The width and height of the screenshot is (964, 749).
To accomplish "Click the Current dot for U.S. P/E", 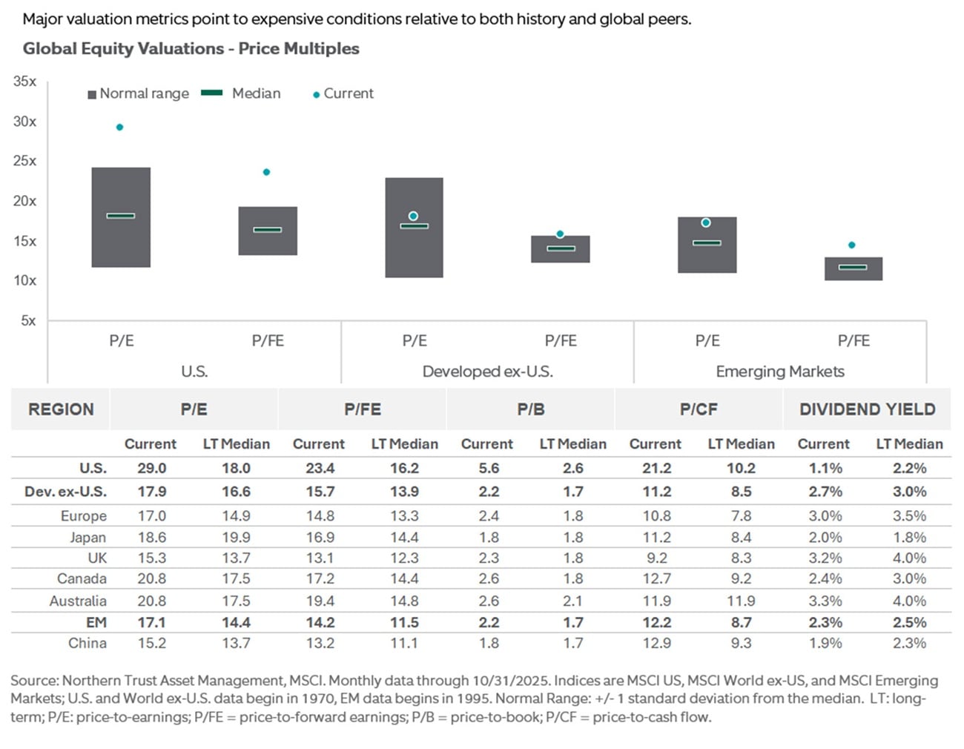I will click(x=119, y=128).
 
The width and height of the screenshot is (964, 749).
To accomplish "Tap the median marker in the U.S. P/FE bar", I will click(x=268, y=230).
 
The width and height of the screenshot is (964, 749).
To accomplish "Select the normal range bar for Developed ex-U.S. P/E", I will click(x=414, y=252).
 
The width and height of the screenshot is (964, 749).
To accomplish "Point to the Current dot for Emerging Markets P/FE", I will click(x=851, y=245).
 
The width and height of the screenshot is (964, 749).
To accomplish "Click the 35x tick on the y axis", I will click(x=24, y=82).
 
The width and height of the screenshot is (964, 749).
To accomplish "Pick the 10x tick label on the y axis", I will click(x=24, y=280).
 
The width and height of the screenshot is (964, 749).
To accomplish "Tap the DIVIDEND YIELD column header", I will click(x=867, y=409).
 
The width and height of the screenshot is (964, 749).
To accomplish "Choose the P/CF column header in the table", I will click(x=698, y=409).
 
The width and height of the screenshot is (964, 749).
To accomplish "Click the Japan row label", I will click(x=88, y=538).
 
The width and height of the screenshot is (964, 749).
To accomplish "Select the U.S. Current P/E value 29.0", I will click(x=151, y=469).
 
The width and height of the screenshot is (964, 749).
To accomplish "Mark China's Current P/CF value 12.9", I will click(x=656, y=643).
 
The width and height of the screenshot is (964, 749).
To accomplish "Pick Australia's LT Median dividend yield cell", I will click(x=909, y=601).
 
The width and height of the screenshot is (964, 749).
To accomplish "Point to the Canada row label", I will click(x=82, y=578).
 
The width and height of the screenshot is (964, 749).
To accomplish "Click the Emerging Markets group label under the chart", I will click(x=779, y=372).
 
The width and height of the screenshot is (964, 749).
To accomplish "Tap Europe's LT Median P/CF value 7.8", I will click(x=740, y=516).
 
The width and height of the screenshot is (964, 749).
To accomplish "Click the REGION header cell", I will click(x=61, y=409).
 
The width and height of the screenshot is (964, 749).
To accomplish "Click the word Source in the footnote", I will click(x=33, y=681).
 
